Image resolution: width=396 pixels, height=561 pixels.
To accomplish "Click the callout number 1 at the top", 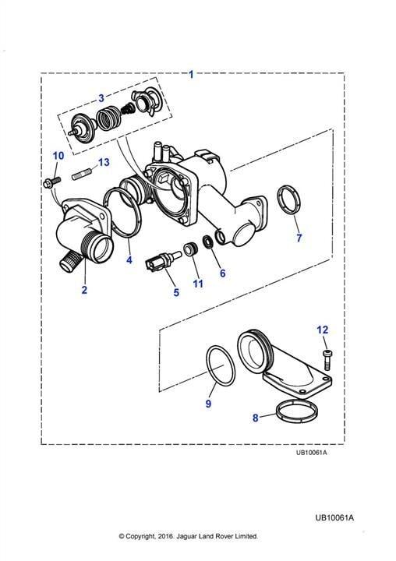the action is coord(191,75).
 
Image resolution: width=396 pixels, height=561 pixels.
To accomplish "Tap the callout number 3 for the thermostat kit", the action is coord(101,97).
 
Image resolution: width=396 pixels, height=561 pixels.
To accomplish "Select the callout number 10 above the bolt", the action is coord(58,156).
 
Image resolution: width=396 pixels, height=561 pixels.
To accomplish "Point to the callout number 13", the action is coord(104,162).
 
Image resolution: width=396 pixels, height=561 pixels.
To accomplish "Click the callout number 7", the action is coord(299,238).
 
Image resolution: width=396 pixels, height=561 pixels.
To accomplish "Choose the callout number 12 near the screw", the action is coord(322,330).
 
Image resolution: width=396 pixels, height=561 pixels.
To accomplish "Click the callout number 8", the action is coord(255,418).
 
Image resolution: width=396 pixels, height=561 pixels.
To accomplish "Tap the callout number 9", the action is coord(208,404).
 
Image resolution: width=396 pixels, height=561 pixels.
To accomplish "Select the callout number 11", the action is coord(198,284).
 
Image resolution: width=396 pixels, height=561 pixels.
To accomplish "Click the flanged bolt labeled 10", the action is coord(52,182).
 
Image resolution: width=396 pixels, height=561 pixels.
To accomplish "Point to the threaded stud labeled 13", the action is coord(82,175).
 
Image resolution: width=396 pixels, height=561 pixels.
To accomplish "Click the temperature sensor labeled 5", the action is coord(163,261).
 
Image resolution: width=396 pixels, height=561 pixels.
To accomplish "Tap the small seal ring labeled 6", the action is coord(208,242).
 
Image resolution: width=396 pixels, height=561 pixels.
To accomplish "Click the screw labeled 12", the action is coord(327,360).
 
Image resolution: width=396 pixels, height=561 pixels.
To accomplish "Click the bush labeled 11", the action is coord(190,249).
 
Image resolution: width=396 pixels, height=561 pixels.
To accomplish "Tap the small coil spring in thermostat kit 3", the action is coord(127,108).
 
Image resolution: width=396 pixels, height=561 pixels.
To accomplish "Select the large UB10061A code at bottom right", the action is coord(334,517).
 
